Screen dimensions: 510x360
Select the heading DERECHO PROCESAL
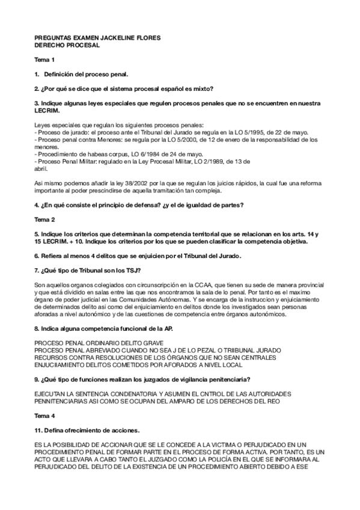[67, 45]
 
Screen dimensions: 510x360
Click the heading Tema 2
[44, 220]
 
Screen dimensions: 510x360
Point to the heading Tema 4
[44, 416]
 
